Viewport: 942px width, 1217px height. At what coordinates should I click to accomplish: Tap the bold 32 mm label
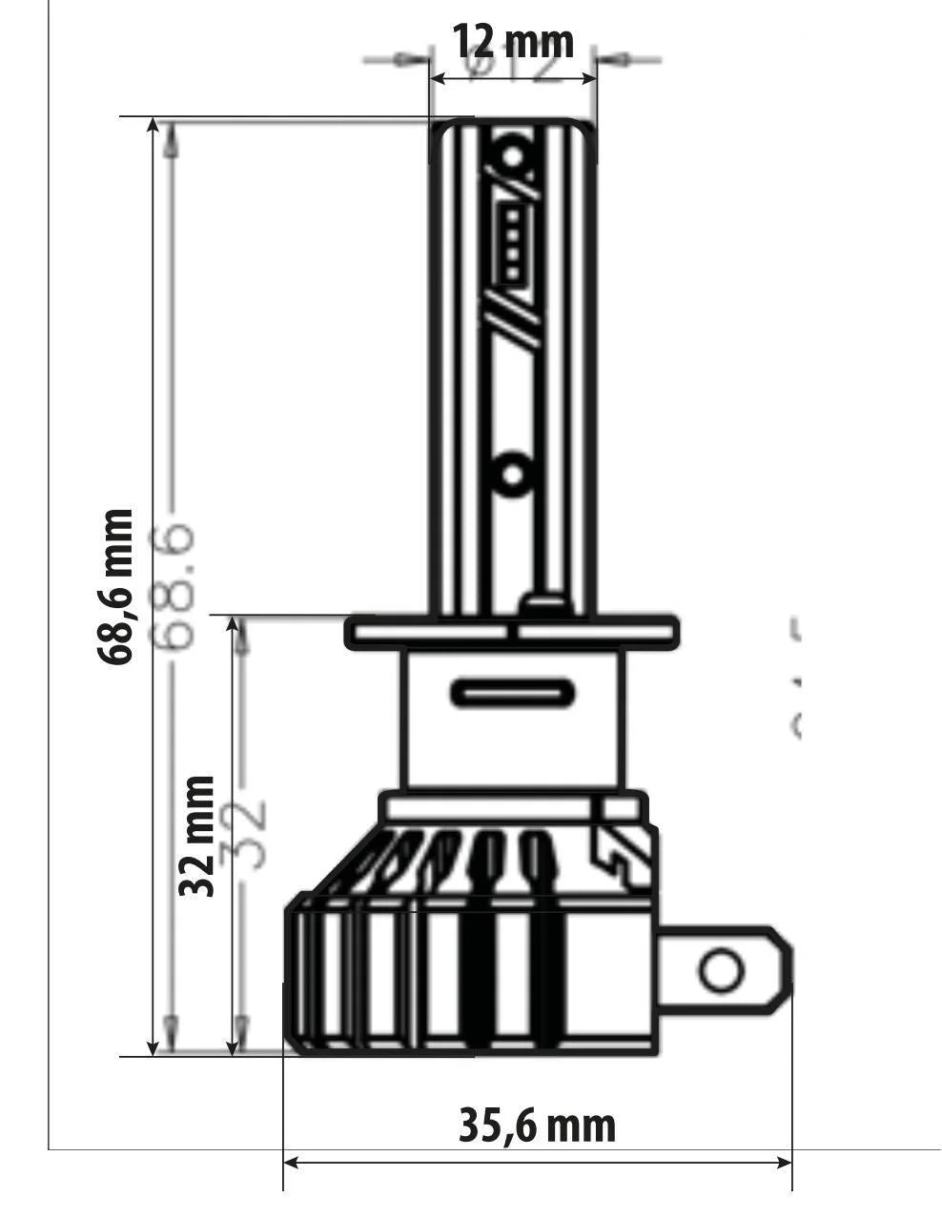point(198,835)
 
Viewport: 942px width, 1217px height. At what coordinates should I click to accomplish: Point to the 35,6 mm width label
point(537,1126)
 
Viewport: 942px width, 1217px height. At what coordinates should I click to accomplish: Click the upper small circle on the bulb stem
point(514,153)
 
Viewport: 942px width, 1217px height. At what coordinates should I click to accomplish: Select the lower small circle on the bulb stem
point(514,473)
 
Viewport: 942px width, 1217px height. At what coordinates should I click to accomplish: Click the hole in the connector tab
point(720,971)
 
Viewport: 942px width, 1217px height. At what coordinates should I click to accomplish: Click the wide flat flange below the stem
point(512,631)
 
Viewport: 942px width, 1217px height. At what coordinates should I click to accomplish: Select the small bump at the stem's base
point(543,605)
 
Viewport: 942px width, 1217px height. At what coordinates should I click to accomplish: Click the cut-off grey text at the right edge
point(793,677)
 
